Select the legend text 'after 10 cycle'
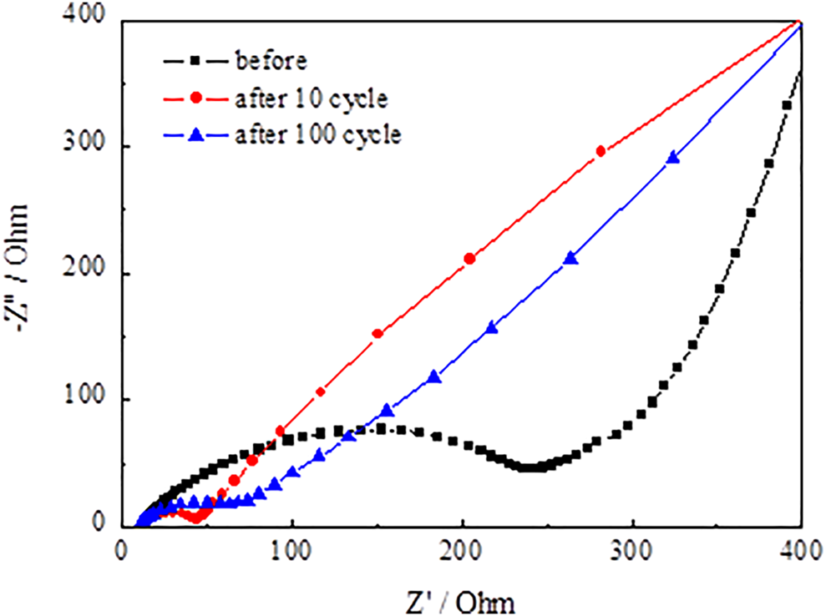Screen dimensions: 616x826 312,98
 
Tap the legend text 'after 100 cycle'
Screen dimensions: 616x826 318,135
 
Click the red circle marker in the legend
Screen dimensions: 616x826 195,98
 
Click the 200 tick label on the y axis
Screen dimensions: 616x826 94,274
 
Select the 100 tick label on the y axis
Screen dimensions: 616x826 94,400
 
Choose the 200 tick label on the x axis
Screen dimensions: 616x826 462,553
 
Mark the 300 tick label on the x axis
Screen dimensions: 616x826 632,553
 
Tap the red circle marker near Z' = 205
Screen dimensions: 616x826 469,259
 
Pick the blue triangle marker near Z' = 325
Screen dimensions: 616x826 673,158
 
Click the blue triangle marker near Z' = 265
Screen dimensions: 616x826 571,258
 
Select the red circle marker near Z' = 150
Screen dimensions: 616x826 378,334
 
